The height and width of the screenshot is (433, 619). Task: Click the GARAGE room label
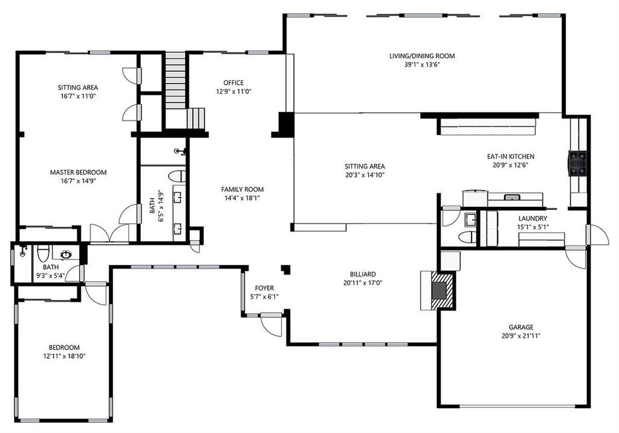click(520, 327)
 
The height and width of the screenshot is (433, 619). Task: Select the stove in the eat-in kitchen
click(577, 163)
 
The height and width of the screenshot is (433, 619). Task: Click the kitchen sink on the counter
click(512, 197)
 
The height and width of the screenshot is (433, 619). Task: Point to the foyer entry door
click(271, 325)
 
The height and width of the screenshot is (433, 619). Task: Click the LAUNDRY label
click(533, 218)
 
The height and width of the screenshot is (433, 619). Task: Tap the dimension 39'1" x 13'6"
click(422, 65)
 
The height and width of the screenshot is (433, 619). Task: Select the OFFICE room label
click(233, 83)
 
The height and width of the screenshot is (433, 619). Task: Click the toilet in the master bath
click(177, 176)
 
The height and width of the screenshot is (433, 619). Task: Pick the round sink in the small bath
click(66, 255)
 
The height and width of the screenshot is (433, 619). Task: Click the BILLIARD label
click(363, 274)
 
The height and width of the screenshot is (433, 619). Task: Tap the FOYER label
click(264, 288)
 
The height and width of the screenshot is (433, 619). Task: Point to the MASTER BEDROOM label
click(78, 172)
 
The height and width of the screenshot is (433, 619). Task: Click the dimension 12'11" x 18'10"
click(64, 356)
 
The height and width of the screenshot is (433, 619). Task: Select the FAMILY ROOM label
click(242, 189)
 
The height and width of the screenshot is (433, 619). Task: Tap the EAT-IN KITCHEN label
click(510, 157)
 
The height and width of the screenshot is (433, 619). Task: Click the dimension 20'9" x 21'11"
click(520, 336)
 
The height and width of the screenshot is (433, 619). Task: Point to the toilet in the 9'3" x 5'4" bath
click(43, 253)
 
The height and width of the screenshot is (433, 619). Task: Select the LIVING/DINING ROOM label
click(422, 56)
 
